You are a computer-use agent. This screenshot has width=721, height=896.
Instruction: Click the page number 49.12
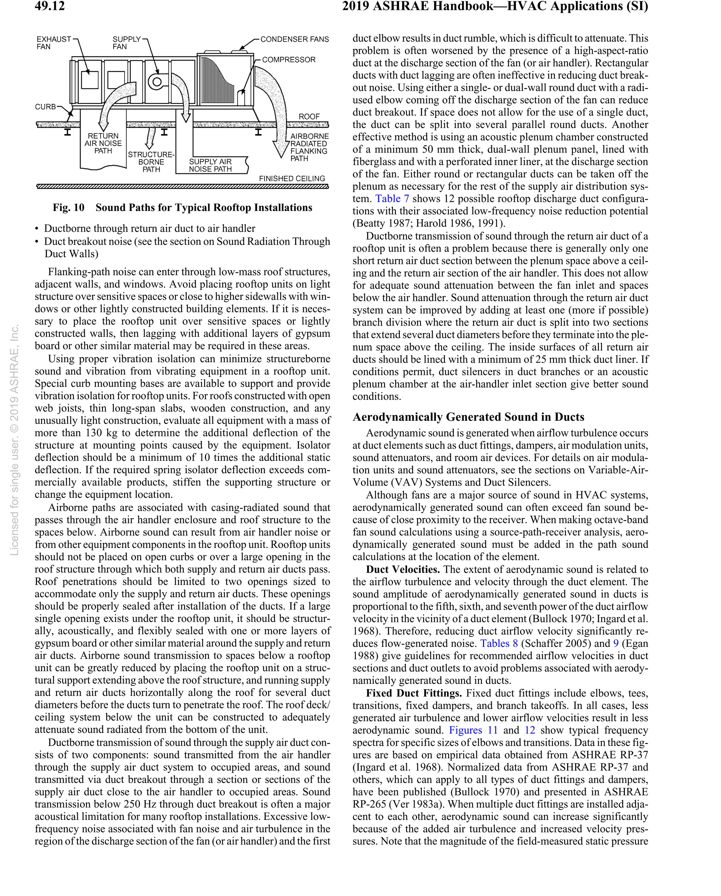pos(50,6)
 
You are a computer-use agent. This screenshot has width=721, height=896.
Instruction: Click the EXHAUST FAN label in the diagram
pos(53,43)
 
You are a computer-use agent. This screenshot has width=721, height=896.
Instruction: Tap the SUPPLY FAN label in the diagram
pos(126,43)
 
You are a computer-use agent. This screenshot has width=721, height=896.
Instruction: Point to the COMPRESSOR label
pos(289,60)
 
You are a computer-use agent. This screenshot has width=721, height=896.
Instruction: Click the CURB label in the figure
pos(45,107)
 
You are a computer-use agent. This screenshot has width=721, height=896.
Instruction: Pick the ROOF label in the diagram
pos(309,116)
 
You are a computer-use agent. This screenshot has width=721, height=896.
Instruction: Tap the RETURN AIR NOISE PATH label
pos(103,143)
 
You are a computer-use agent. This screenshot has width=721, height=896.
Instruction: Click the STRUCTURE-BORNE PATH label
pos(151,162)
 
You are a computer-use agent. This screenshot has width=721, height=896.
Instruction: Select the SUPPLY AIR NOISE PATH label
pos(211,165)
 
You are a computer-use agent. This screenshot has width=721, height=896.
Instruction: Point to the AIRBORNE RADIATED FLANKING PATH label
pos(309,147)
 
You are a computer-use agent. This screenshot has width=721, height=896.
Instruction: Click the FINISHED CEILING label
pos(292,178)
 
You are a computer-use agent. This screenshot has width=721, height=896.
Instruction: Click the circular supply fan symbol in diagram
pos(157,81)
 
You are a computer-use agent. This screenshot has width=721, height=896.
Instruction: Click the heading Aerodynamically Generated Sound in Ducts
pos(468,417)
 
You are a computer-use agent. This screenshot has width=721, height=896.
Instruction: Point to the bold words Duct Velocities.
pos(402,569)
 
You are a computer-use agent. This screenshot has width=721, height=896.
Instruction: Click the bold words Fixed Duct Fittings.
pos(414,693)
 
